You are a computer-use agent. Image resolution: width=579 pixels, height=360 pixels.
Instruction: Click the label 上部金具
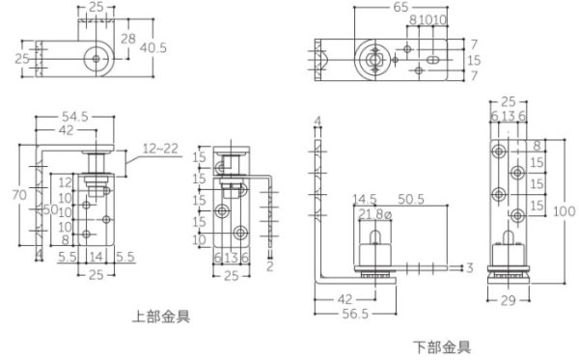pyautogui.click(x=161, y=315)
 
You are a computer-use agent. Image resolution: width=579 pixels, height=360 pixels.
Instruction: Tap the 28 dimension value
pyautogui.click(x=127, y=39)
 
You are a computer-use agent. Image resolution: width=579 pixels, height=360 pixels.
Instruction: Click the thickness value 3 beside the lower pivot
pyautogui.click(x=469, y=266)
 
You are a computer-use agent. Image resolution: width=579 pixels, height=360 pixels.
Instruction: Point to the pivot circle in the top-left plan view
pyautogui.click(x=96, y=59)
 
